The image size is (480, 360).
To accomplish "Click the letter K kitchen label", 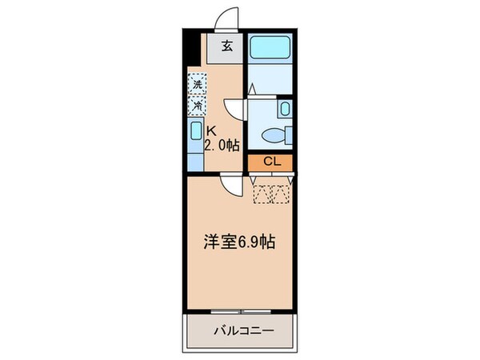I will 212,132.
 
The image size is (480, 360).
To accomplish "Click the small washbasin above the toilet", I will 286,109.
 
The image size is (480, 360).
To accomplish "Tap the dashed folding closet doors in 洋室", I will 270,192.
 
